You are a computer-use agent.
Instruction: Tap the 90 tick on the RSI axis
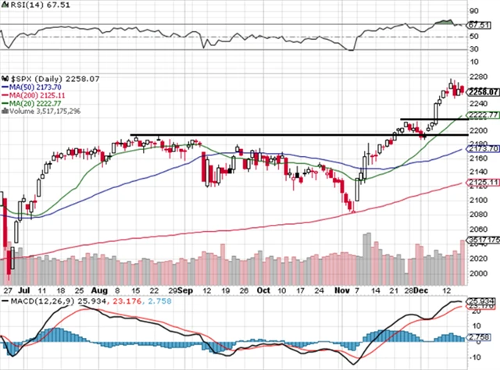pyautogui.click(x=473, y=12)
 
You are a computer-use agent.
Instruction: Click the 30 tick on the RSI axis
pyautogui.click(x=473, y=49)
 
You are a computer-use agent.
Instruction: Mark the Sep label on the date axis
pyautogui.click(x=185, y=289)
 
